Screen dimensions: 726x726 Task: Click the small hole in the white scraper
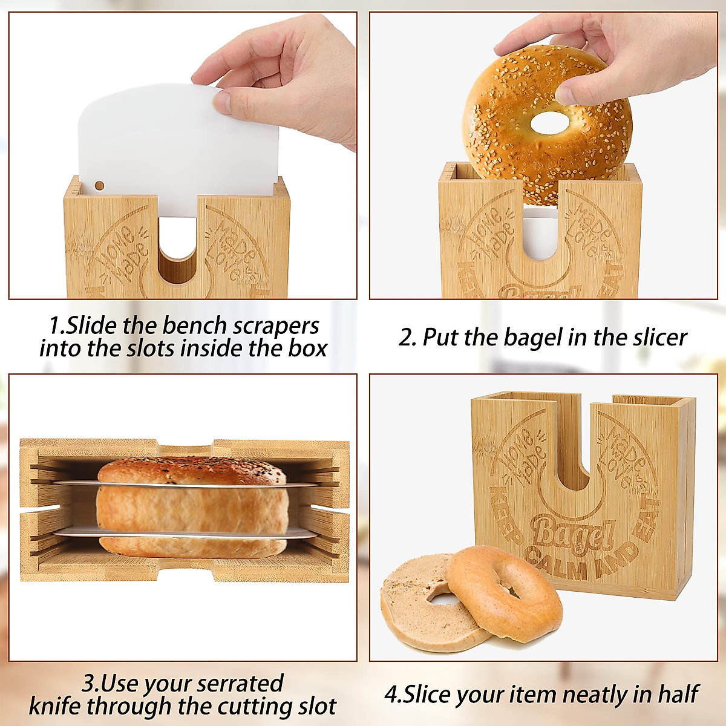tap(100, 186)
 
